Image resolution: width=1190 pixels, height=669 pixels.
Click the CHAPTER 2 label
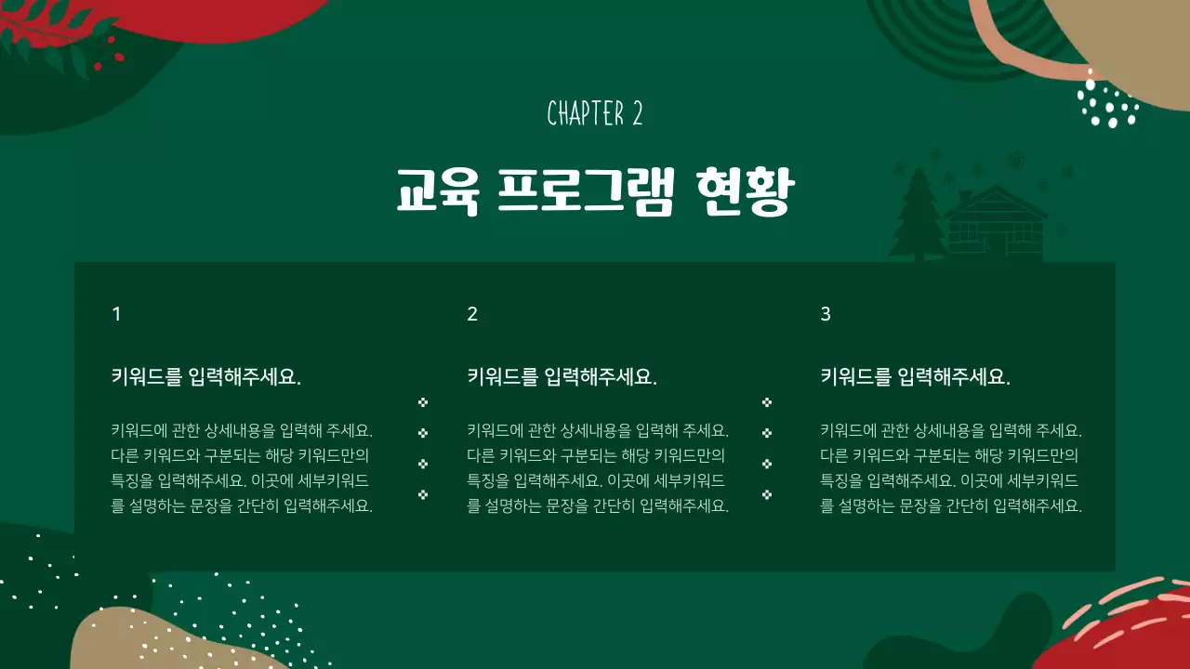595,113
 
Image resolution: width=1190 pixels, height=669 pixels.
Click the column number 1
116,314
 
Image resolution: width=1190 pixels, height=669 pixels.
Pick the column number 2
472,314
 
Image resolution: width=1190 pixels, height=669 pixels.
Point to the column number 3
826,314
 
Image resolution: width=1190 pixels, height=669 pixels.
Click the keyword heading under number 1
205,377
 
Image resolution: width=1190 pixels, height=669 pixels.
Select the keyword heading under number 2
562,377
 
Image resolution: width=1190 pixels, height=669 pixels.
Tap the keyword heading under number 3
915,377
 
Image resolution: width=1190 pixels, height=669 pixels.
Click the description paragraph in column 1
242,468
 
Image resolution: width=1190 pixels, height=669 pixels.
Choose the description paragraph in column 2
598,468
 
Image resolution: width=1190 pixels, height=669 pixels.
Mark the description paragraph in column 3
951,468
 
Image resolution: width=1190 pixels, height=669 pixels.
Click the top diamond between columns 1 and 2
423,402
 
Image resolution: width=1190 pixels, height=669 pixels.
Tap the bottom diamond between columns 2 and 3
767,494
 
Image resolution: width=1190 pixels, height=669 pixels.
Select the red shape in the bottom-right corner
1125,636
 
